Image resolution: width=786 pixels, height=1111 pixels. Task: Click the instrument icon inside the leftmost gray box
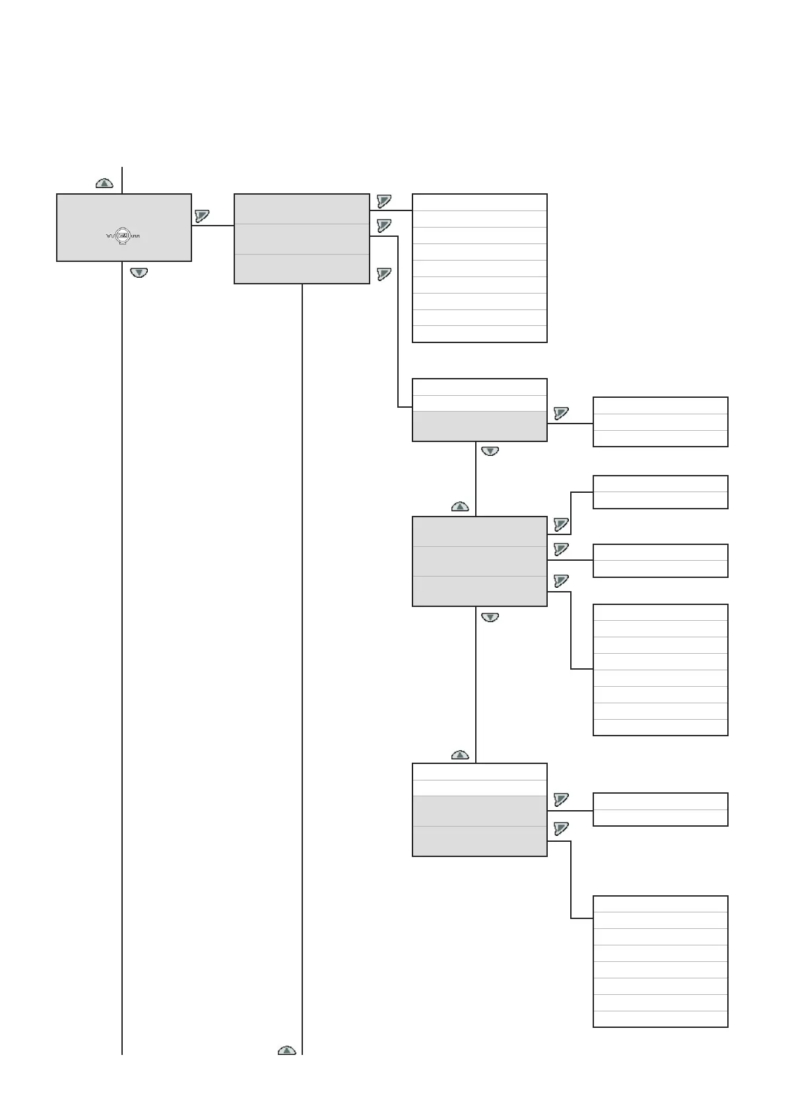tap(123, 235)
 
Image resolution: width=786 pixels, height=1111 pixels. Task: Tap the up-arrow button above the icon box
tap(104, 183)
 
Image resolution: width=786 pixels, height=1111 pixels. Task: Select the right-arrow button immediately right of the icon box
tap(202, 216)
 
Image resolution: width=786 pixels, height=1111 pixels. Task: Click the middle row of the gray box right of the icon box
tap(302, 239)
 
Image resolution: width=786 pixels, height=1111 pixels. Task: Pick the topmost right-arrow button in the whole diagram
tap(384, 201)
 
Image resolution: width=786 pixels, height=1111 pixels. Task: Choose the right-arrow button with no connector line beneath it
tap(384, 274)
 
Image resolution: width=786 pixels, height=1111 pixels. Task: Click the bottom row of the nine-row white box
tap(479, 334)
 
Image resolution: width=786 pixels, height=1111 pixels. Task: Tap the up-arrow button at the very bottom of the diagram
tap(286, 1050)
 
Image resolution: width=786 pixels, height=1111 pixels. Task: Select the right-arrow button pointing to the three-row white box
tap(561, 413)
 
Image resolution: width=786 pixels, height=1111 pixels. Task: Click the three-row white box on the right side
tap(660, 422)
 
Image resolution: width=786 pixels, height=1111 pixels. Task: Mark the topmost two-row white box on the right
tap(660, 492)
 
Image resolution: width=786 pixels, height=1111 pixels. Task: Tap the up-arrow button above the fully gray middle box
tap(460, 507)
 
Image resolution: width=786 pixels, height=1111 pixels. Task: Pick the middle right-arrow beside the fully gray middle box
tap(561, 549)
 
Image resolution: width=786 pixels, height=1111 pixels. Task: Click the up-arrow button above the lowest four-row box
tap(460, 754)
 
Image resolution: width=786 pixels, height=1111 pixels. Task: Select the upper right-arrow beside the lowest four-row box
tap(561, 800)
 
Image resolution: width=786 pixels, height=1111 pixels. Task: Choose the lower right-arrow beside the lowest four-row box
tap(561, 829)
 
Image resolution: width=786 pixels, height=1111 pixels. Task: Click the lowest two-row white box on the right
tap(660, 809)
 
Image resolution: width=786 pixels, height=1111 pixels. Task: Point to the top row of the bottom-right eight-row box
tap(660, 904)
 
